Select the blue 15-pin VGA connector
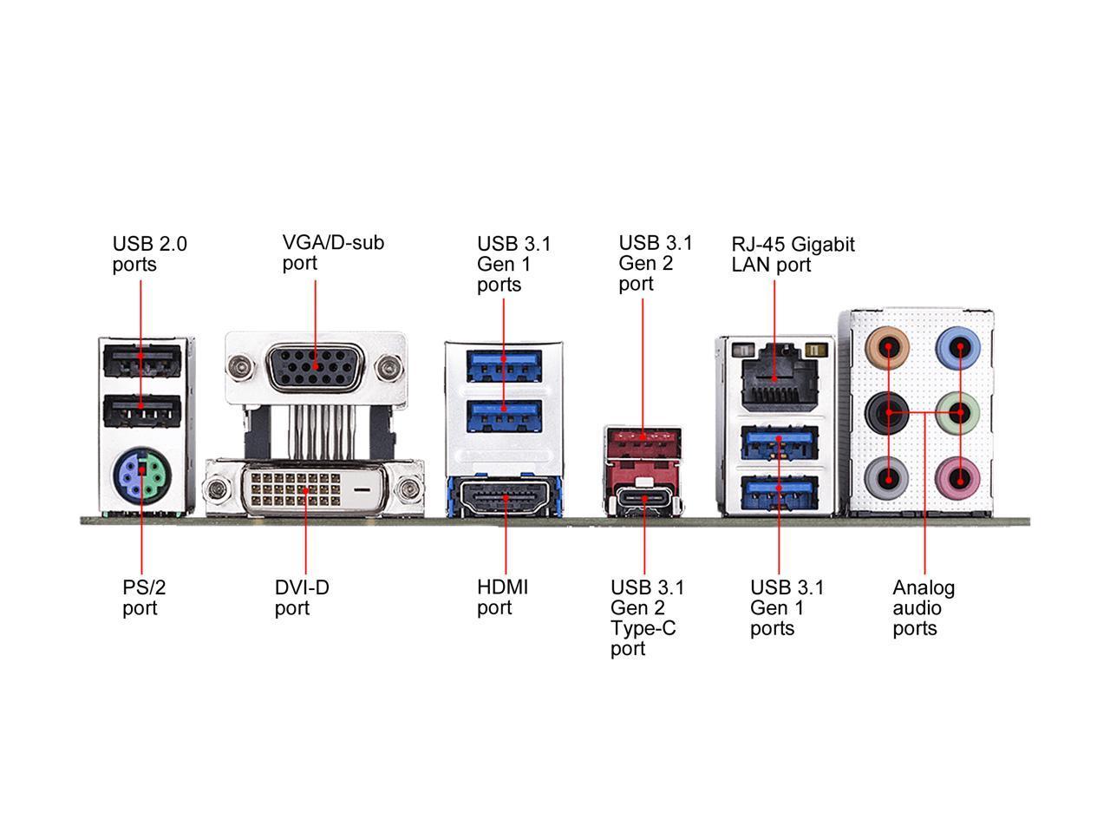(x=316, y=367)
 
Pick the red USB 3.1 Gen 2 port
(x=642, y=443)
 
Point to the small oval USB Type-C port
(x=643, y=500)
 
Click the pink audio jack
(x=960, y=476)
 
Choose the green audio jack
(x=960, y=412)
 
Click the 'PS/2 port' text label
(x=143, y=597)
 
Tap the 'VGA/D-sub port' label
(x=333, y=252)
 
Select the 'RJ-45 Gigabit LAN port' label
(x=793, y=254)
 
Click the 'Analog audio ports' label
(x=924, y=607)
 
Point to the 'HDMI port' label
(x=502, y=597)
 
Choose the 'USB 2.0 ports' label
(x=149, y=253)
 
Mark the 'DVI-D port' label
(x=302, y=597)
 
